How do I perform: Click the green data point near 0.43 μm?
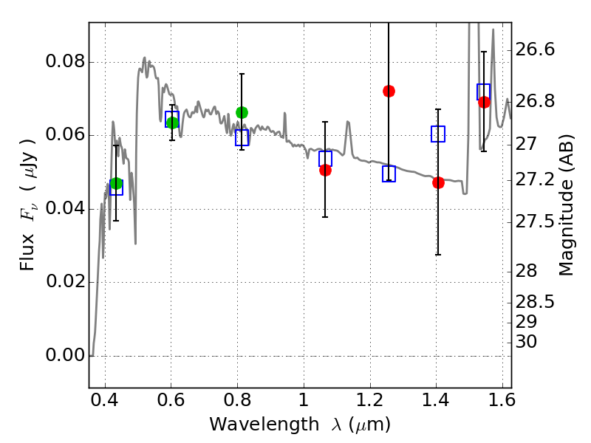(x=117, y=184)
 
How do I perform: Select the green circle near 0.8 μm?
(x=242, y=112)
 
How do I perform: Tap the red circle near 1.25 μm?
(x=389, y=91)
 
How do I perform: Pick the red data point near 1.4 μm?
(x=438, y=182)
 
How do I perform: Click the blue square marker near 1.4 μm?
(x=438, y=134)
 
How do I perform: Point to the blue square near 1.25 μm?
(x=389, y=174)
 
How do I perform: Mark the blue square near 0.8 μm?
(x=242, y=137)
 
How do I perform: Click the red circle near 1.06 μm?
(x=325, y=171)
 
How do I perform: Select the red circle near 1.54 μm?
(x=484, y=102)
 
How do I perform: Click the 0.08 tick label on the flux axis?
(x=66, y=61)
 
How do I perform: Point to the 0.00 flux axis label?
(x=66, y=355)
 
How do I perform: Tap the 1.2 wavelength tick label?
(x=370, y=400)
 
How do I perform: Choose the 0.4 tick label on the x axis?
(x=104, y=400)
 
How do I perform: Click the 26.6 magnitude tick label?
(x=535, y=49)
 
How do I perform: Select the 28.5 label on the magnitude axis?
(x=535, y=302)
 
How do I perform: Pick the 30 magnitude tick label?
(x=526, y=342)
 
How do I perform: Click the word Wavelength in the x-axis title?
(x=264, y=425)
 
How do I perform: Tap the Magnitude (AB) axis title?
(x=566, y=205)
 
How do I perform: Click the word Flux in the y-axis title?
(x=27, y=253)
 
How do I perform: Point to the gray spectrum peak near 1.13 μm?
(x=347, y=122)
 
